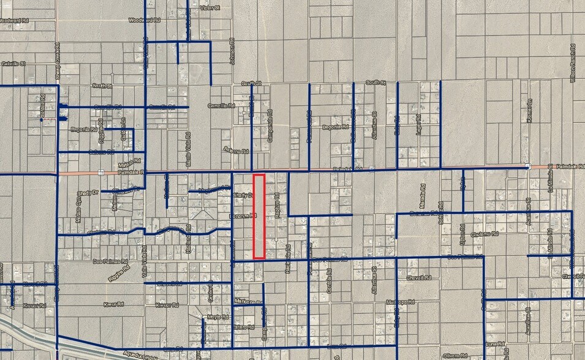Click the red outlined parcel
point(259,216)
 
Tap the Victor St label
point(209,7)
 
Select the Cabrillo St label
point(12,63)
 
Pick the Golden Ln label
point(124,130)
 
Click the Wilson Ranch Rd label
point(573,63)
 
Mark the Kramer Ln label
point(529,111)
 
